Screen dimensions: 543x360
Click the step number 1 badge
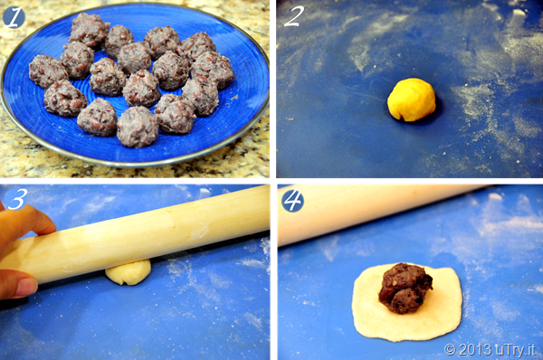(x=14, y=17)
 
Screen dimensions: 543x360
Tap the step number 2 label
(x=293, y=16)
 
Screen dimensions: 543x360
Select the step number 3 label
(x=16, y=199)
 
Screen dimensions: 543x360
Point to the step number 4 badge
(x=292, y=201)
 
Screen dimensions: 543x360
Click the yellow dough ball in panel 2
(x=412, y=99)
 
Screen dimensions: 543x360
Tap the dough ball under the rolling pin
(x=129, y=273)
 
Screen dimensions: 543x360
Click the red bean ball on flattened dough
(x=405, y=289)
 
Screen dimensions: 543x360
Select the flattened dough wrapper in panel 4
(x=407, y=303)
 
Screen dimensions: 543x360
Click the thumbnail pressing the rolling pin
(x=26, y=288)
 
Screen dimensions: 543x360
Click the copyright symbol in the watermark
(x=450, y=349)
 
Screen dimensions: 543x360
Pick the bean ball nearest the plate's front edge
(x=138, y=127)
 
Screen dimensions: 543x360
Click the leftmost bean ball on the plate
(x=48, y=71)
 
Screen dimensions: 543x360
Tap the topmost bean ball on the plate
(x=90, y=30)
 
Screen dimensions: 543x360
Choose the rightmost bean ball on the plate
(x=212, y=70)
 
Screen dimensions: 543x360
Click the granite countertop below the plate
(x=135, y=171)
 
